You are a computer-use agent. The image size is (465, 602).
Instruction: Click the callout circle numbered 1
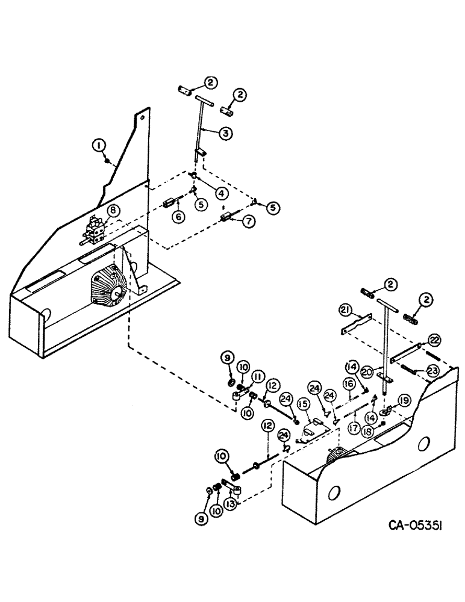(x=97, y=145)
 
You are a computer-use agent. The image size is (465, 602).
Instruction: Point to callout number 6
(x=178, y=217)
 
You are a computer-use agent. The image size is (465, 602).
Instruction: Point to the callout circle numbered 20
(x=369, y=373)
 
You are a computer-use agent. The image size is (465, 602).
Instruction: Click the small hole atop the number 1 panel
(x=141, y=119)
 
